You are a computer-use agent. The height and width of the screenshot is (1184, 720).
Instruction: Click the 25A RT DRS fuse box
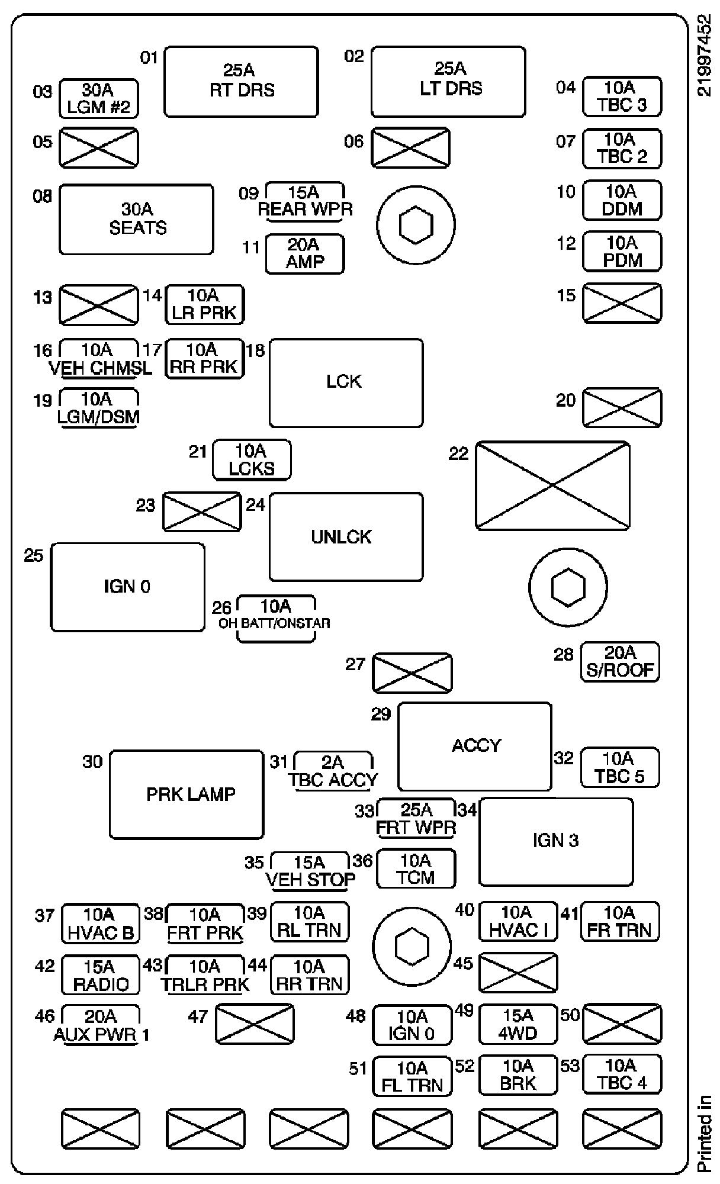pos(241,81)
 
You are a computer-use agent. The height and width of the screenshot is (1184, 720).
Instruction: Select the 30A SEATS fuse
pos(136,219)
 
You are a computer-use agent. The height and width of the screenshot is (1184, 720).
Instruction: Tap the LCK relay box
pos(346,382)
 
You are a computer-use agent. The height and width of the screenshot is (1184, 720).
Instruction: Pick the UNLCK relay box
pos(346,536)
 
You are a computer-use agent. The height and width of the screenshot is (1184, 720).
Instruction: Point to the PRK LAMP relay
pos(187,794)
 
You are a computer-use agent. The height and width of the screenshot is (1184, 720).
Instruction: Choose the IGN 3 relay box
pos(555,841)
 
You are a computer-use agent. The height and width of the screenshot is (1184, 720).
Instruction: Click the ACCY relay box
pos(475,746)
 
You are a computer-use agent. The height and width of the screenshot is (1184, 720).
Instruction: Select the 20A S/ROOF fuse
pos(620,662)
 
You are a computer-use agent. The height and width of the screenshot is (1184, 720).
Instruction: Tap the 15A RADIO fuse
pos(101,975)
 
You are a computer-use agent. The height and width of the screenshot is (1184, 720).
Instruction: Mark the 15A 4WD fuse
pos(518,1025)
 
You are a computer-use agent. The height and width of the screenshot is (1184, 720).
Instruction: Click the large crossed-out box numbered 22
pos(552,485)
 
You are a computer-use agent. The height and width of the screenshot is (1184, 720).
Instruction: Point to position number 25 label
pos(34,555)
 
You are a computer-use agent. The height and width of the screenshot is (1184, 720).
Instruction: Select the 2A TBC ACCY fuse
pos(334,771)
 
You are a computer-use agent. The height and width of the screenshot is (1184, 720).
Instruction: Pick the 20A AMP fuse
pos(304,254)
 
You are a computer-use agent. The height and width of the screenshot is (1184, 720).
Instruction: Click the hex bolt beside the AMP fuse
pos(416,224)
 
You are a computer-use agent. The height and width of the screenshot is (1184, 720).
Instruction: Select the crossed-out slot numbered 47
pos(254,1024)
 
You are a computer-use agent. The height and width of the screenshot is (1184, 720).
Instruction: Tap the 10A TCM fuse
pos(416,868)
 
